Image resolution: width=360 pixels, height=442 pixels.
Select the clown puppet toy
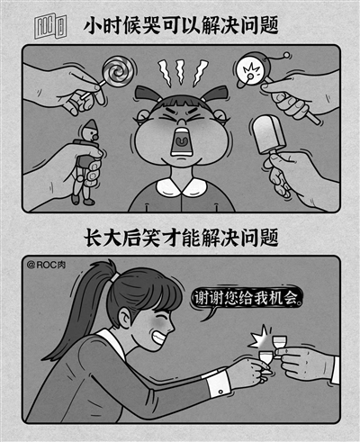pyautogui.click(x=85, y=162)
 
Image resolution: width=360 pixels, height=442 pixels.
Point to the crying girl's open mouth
pyautogui.click(x=181, y=141)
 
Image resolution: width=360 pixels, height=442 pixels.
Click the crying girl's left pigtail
pyautogui.click(x=148, y=93)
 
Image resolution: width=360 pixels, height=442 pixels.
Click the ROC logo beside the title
pyautogui.click(x=50, y=27)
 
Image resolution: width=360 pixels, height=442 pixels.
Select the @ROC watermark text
pyautogui.click(x=46, y=265)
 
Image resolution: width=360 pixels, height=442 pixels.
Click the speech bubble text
pyautogui.click(x=247, y=298)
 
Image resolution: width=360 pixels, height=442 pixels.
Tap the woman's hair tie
pyautogui.click(x=114, y=277)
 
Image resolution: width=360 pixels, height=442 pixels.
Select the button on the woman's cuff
pyautogui.click(x=220, y=392)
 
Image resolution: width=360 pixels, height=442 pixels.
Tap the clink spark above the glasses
pyautogui.click(x=258, y=338)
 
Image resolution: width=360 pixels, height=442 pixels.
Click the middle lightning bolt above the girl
pyautogui.click(x=181, y=72)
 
